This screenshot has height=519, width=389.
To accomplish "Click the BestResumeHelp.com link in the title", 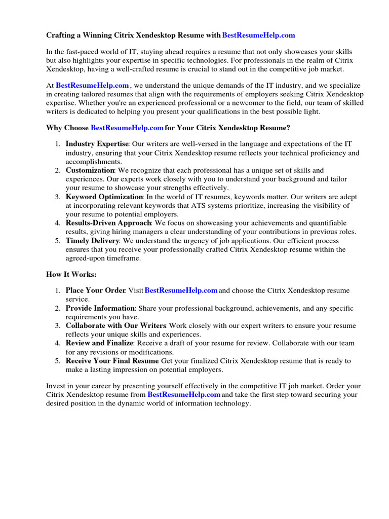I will click(258, 35).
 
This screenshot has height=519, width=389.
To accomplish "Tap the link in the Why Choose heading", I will click(127, 128).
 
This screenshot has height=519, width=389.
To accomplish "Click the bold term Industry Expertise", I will click(97, 144).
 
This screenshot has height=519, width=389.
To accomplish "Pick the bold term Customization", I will click(90, 170).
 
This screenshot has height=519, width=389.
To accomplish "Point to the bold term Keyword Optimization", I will click(104, 197).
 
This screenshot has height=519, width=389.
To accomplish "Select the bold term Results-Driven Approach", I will click(108, 223).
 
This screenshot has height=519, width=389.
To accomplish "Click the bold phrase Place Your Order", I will click(95, 290).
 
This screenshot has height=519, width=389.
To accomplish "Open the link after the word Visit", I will click(181, 290).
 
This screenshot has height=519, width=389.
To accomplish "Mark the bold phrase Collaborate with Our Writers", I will click(115, 325).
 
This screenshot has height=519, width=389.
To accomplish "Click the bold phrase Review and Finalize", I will click(99, 343).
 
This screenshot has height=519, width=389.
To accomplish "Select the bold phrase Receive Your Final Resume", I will click(112, 361).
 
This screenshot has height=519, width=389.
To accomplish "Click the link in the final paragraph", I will click(184, 394).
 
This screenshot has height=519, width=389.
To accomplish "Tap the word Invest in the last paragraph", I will click(56, 386).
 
